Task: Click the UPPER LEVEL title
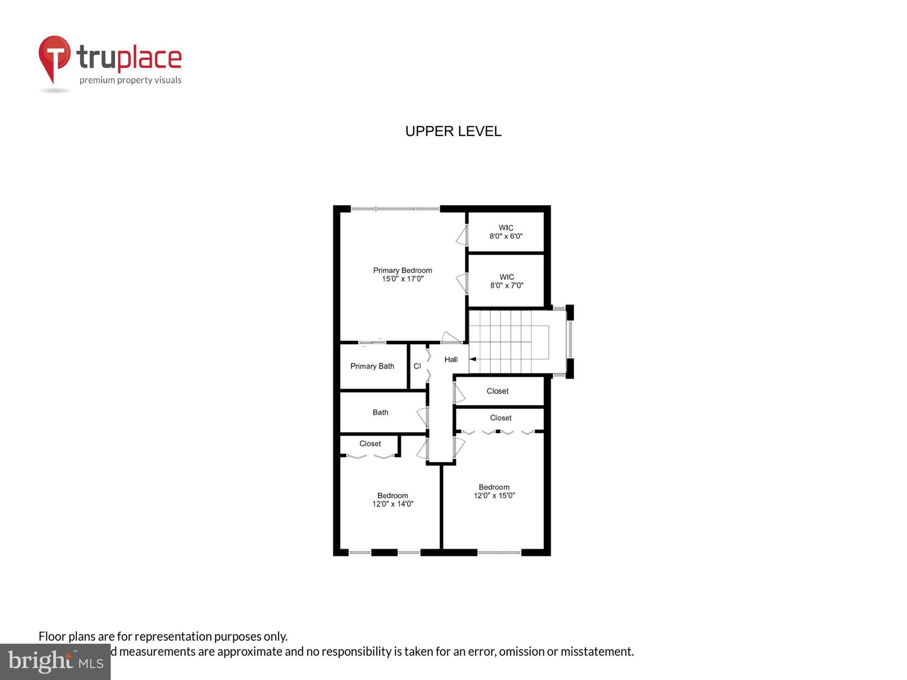coord(453,131)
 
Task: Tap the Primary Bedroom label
coord(402,270)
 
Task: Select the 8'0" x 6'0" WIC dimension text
coord(506,236)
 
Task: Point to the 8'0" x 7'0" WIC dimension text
coord(507,286)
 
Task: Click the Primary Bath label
coord(372,366)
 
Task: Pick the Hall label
coord(451,359)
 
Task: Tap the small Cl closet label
coord(417,366)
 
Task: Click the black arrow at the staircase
coord(473,359)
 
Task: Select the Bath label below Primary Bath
coord(380,412)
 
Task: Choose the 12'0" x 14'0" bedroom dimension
coord(393,504)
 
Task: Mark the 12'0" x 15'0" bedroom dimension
coord(494,495)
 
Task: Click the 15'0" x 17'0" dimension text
coord(403,279)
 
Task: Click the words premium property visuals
coord(130,80)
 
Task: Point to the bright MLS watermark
coord(55,661)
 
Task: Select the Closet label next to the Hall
coord(497,391)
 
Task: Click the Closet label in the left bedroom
coord(370,444)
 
